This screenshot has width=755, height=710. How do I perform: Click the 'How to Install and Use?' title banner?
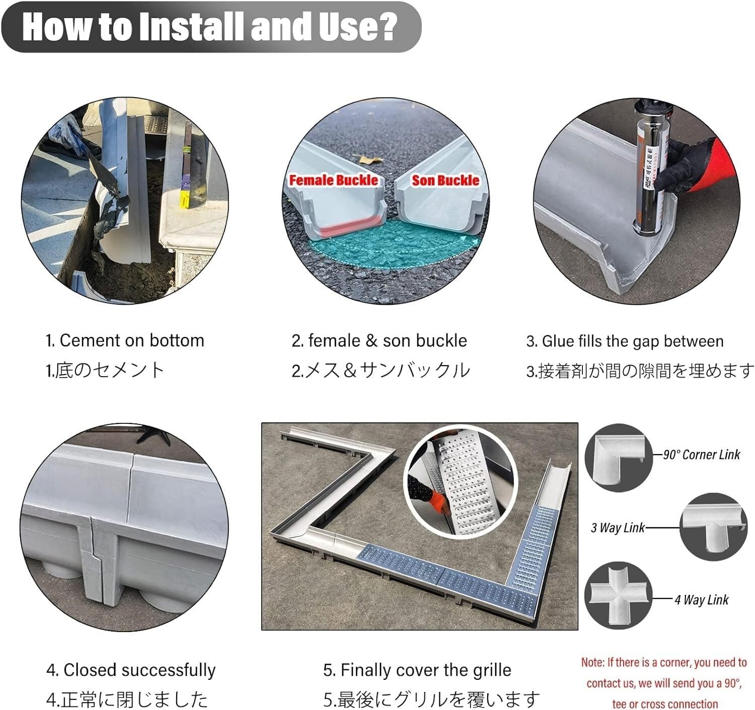[x=210, y=27]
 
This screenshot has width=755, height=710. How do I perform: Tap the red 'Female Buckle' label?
[x=333, y=180]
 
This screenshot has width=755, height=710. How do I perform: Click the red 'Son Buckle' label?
[x=445, y=180]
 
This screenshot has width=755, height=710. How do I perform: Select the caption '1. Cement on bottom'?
[x=125, y=340]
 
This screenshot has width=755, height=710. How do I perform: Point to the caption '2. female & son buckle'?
[x=379, y=340]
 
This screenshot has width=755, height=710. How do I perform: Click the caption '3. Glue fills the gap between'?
[x=625, y=341]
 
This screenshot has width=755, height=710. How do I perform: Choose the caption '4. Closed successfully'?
[x=131, y=670]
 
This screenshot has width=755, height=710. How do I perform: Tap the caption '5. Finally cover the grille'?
[x=417, y=670]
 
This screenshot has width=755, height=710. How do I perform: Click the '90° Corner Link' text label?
[x=701, y=455]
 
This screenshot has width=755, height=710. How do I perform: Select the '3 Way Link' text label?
[x=618, y=527]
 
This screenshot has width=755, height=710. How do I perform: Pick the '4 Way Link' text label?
[x=701, y=599]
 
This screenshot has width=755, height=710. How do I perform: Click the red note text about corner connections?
[x=664, y=683]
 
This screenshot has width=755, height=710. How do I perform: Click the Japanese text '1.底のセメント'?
[x=105, y=370]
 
